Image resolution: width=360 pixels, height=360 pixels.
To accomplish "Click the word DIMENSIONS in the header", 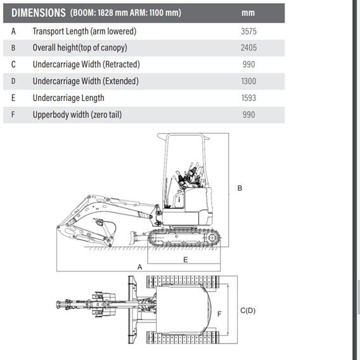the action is (x=38, y=13).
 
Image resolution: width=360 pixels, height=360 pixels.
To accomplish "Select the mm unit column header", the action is (x=248, y=13).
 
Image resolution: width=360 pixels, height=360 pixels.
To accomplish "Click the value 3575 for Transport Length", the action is (x=248, y=31).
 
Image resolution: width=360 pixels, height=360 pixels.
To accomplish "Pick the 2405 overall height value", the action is (x=248, y=48).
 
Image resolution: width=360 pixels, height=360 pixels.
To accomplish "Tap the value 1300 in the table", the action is (x=248, y=81).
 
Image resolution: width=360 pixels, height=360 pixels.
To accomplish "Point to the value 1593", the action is (x=248, y=98).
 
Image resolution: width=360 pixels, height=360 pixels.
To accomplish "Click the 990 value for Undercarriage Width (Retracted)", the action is (x=248, y=65).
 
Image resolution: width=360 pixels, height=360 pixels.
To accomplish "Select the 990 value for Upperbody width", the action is (x=248, y=115).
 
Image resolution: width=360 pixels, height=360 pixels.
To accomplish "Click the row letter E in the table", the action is (x=13, y=98).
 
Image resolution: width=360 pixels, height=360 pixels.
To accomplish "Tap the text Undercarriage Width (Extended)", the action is (x=86, y=81).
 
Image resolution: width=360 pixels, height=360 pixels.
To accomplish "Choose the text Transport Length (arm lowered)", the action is (x=84, y=31).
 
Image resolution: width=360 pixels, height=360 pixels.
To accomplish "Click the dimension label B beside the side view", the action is (x=240, y=188).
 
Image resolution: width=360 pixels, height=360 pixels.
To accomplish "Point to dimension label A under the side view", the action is (x=139, y=267).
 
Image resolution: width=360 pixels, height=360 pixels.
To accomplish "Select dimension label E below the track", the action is (x=186, y=260).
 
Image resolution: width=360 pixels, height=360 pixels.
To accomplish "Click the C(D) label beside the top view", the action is (x=248, y=311).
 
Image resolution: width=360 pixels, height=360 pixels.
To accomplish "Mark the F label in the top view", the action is (x=219, y=314).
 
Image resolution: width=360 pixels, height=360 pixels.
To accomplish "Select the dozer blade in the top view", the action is (x=132, y=310).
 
